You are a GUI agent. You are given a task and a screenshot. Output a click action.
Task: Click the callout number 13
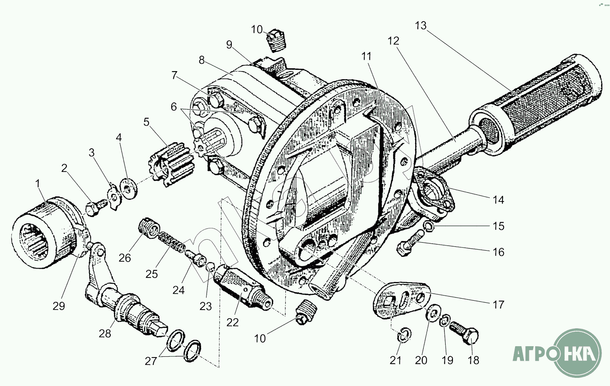421,26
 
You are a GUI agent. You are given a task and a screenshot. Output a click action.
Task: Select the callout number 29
59,306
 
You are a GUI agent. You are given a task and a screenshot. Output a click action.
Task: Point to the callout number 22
233,322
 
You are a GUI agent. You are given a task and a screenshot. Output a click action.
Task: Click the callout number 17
498,305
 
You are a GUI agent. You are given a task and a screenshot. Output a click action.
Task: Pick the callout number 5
146,122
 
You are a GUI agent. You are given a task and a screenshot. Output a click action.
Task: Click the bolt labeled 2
93,208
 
